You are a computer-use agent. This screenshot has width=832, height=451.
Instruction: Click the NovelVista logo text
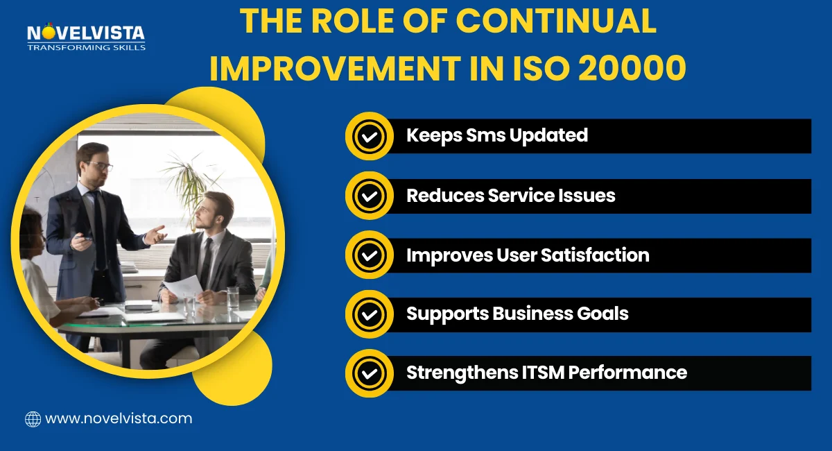[x=85, y=33]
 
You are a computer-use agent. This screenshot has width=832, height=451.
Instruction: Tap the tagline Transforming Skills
[x=86, y=47]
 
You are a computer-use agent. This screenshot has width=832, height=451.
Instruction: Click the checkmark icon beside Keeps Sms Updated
[x=369, y=136]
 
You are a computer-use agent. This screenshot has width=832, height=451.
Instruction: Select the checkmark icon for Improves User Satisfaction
[x=369, y=255]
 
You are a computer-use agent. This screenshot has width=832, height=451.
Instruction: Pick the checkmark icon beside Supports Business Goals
[x=369, y=314]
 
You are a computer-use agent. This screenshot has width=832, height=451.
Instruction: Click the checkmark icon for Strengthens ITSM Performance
[x=369, y=373]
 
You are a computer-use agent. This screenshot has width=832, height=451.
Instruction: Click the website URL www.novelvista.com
[x=118, y=418]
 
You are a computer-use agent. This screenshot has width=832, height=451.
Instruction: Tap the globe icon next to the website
[x=33, y=418]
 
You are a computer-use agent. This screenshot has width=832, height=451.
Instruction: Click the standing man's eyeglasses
[x=100, y=167]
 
